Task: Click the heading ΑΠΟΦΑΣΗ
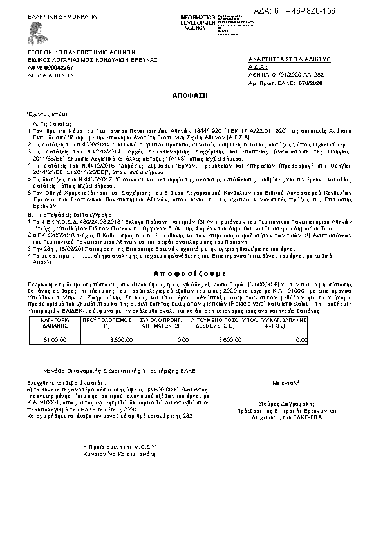[x=191, y=95]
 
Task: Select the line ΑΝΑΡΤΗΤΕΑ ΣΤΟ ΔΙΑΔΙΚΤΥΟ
[x=289, y=59]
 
